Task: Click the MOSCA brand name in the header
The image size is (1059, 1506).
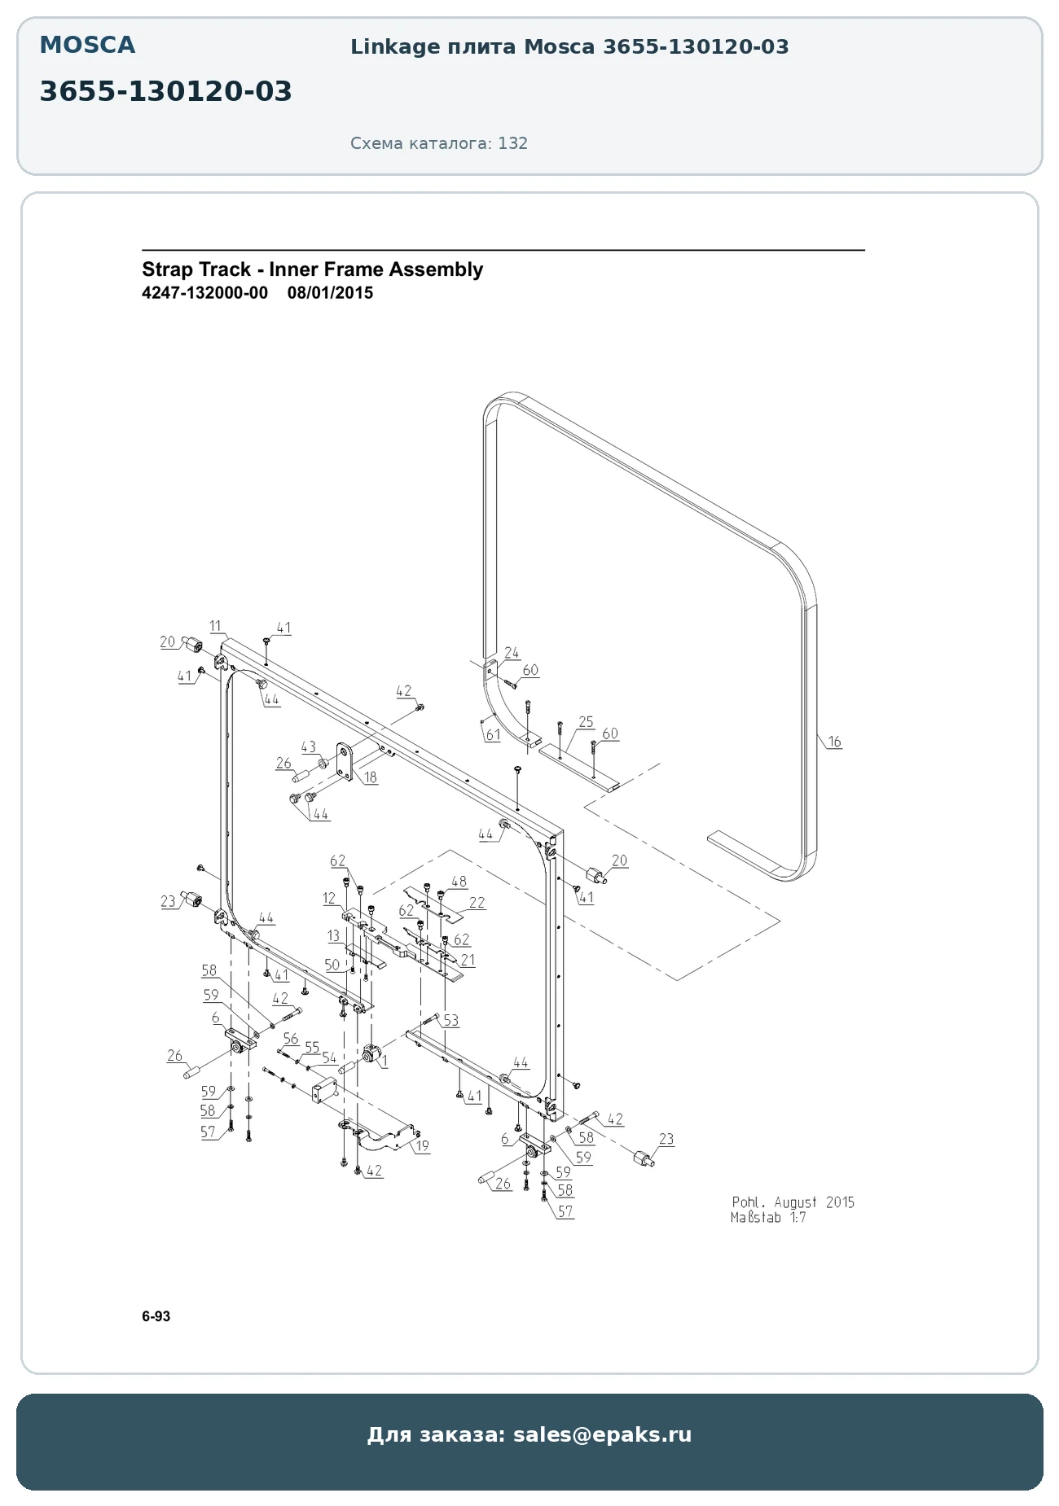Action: point(87,46)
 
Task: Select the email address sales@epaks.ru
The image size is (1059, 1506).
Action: point(602,1434)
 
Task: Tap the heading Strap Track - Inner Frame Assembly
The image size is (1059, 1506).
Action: point(312,269)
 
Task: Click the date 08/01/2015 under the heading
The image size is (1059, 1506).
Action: point(330,293)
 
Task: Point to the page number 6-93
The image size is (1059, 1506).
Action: point(156,1316)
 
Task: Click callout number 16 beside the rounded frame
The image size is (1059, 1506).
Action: point(834,742)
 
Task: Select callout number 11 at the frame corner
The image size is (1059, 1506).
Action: point(215,626)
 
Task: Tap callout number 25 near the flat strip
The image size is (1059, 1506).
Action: point(586,722)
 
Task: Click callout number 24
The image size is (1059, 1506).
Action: point(512,653)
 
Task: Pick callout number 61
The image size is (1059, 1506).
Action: point(493,734)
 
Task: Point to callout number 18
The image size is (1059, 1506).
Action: point(371,777)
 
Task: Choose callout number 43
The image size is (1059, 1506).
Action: point(308,746)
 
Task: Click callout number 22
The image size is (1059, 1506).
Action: point(477,902)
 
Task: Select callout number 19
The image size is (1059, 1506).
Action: point(422,1146)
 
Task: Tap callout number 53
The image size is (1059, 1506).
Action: point(450,1020)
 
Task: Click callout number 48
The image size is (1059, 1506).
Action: point(459,882)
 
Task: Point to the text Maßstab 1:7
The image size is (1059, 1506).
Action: point(768,1218)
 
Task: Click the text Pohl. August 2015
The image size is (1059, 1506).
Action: point(793,1202)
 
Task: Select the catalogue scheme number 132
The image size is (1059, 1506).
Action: point(513,143)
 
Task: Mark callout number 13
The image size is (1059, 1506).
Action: point(333,936)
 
